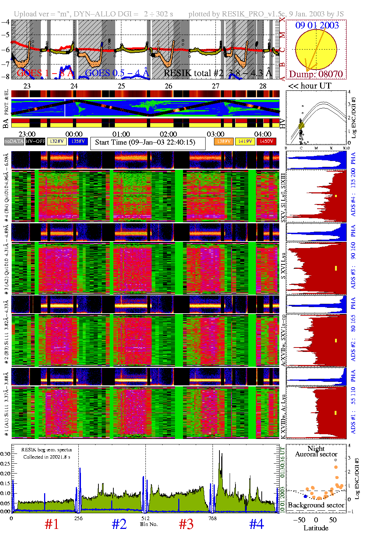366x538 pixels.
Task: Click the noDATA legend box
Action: pos(14,141)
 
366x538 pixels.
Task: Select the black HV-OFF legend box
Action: pos(35,141)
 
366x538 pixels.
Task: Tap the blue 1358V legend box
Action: pos(78,141)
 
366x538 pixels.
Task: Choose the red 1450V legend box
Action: pos(266,141)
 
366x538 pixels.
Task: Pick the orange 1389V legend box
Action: pos(223,141)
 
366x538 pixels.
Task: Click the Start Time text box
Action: pos(145,142)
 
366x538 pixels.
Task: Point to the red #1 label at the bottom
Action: pos(52,524)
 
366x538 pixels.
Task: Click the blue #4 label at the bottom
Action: pos(257,524)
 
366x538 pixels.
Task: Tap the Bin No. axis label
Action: pos(149,524)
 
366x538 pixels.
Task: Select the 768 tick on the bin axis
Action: pos(212,518)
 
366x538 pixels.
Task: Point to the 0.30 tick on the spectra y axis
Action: pos(5,454)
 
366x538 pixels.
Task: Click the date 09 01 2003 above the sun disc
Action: pos(317,25)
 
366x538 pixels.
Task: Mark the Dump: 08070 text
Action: pos(316,74)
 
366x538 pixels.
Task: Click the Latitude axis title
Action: pos(316,528)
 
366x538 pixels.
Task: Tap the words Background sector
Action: pos(316,505)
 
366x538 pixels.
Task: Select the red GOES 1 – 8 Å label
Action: pos(45,73)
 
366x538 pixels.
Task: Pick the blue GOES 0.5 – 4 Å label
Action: pos(117,73)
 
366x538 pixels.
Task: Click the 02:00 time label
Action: pos(168,134)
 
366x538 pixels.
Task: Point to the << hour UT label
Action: pos(309,86)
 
